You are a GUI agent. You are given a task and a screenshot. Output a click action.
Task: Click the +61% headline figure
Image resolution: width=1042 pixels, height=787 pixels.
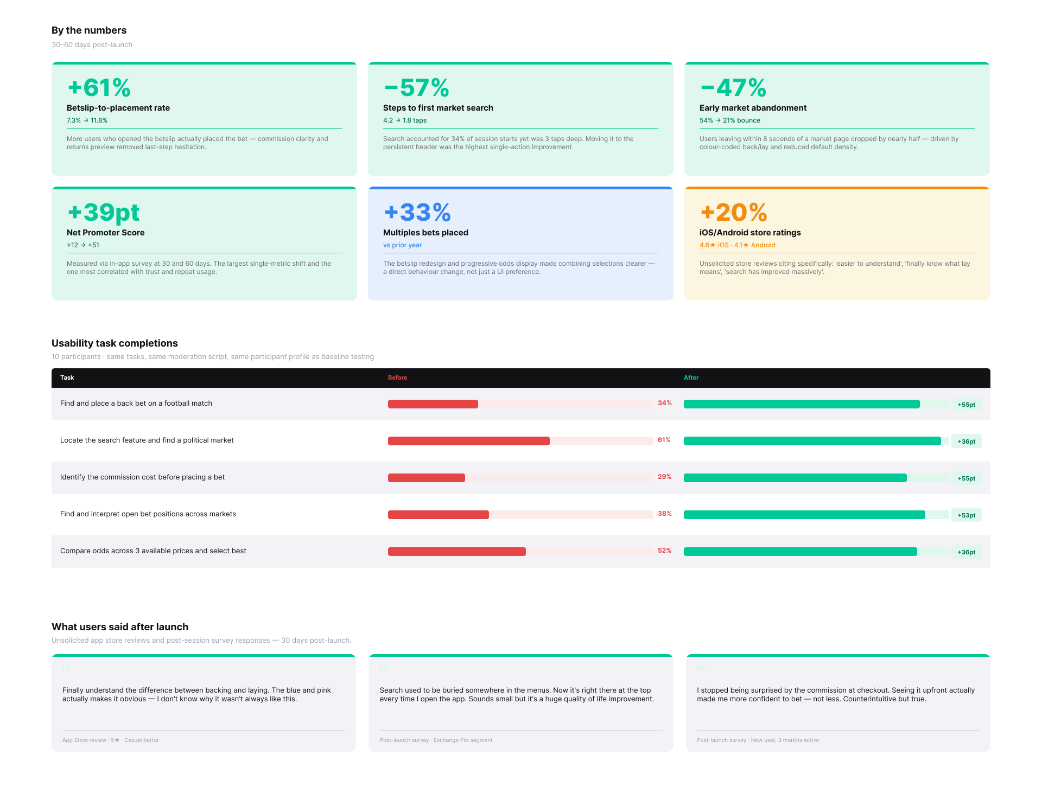(x=99, y=88)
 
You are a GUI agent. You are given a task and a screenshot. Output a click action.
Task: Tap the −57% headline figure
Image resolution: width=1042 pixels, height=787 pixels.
(x=416, y=88)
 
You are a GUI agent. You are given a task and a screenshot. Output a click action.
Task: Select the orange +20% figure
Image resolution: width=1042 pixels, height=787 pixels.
(x=733, y=213)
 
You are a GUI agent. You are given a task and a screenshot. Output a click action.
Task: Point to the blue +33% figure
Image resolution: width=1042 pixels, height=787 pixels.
(x=417, y=213)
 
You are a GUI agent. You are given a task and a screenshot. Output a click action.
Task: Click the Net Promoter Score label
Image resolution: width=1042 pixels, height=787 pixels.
(x=105, y=233)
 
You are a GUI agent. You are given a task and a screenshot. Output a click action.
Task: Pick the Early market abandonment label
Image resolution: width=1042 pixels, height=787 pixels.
(x=753, y=108)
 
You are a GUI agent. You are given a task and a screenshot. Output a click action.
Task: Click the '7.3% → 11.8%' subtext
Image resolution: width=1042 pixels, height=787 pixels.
(x=87, y=120)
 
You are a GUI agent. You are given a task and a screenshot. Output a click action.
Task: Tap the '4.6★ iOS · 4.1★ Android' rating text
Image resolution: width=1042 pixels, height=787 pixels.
(x=737, y=245)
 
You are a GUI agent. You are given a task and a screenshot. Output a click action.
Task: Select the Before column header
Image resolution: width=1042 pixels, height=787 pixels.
(x=397, y=377)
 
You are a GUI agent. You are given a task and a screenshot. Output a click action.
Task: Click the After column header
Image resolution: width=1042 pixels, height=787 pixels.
(x=691, y=377)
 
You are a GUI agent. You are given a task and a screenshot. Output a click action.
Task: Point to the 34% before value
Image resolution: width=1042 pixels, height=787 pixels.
(x=664, y=403)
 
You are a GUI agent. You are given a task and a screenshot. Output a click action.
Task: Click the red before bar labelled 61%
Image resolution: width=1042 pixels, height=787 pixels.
(x=468, y=441)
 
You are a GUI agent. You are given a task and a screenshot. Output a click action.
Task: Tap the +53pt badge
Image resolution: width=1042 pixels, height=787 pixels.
(x=966, y=515)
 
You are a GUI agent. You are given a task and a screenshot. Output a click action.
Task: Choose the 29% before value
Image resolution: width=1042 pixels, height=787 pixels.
(x=664, y=477)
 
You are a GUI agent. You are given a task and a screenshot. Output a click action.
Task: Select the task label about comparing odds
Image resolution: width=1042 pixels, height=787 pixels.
(x=153, y=551)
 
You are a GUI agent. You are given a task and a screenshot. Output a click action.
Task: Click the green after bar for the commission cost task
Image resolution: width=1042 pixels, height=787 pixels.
(x=795, y=478)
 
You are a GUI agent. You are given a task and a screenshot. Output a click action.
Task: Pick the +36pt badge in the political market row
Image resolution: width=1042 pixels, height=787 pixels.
(x=966, y=442)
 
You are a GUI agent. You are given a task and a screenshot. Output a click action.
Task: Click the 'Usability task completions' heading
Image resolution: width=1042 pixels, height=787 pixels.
(x=115, y=343)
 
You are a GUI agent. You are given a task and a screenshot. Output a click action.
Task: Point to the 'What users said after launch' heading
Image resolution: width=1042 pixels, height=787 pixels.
(x=120, y=627)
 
